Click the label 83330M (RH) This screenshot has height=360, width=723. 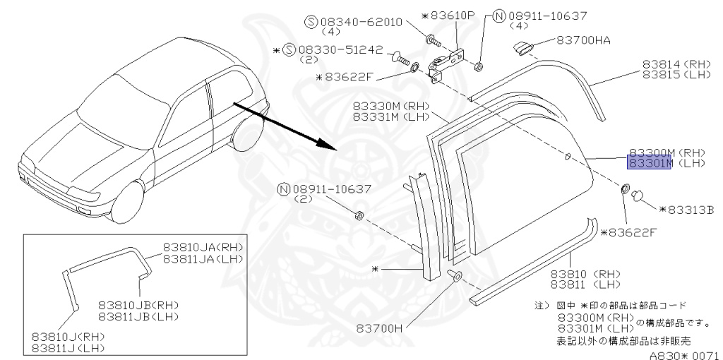pos(390,106)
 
